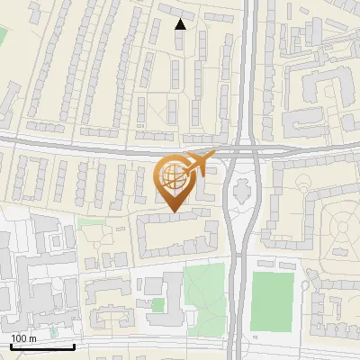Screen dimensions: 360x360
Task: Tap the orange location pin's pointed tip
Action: (x=175, y=213)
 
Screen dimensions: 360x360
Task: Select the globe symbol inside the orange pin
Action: (x=174, y=177)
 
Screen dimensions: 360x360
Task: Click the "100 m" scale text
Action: (x=22, y=337)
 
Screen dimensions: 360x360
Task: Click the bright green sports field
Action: (x=272, y=301)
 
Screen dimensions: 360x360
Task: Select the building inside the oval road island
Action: (x=242, y=190)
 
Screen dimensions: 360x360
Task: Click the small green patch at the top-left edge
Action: (x=2, y=36)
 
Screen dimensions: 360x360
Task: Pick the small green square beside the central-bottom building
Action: (x=158, y=304)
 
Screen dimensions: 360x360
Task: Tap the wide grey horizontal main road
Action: (x=90, y=146)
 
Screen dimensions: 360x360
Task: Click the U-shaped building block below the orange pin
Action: (x=177, y=233)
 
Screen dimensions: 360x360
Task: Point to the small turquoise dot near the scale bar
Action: (x=53, y=332)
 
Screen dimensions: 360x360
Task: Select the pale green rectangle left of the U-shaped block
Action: (x=86, y=221)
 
